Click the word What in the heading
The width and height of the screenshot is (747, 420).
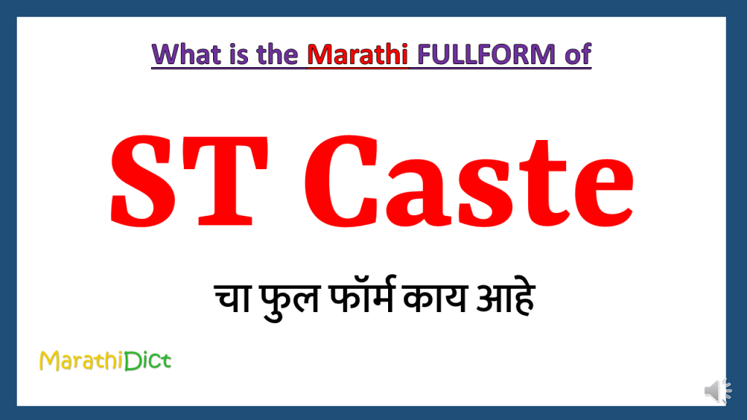click(x=186, y=54)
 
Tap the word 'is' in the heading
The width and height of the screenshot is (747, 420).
click(x=237, y=54)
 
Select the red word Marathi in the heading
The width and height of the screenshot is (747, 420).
click(x=356, y=54)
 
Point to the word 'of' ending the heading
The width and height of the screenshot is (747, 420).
click(x=575, y=54)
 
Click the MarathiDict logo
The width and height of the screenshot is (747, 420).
click(x=105, y=359)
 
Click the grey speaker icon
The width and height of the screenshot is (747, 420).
click(x=717, y=392)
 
